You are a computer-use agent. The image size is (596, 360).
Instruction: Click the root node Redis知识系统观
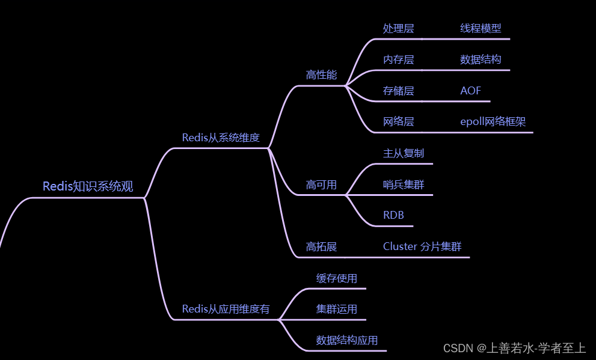point(88,186)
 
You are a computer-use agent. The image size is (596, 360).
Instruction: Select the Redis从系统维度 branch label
point(221,138)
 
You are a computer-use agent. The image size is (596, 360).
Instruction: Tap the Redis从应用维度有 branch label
point(226,310)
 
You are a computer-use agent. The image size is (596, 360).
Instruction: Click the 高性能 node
point(321,75)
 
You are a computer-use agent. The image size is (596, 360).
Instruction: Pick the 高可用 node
point(321,185)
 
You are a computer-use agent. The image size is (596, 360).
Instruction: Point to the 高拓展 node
point(321,247)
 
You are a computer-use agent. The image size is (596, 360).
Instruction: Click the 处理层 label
point(398,28)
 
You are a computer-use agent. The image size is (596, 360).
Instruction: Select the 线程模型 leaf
point(481,28)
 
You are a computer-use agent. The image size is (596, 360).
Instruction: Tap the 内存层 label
point(398,59)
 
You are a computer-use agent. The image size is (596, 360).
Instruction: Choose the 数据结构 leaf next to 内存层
point(481,59)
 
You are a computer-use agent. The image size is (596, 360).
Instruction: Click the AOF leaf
point(471,91)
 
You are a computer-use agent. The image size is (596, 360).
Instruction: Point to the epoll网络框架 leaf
point(493,122)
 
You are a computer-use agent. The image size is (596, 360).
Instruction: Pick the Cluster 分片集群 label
point(422,247)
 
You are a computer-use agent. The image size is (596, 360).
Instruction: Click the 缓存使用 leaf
point(337,278)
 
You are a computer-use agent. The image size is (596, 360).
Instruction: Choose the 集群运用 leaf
point(337,310)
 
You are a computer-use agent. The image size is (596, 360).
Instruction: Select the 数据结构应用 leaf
point(347,341)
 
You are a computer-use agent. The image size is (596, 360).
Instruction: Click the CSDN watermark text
point(514,348)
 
